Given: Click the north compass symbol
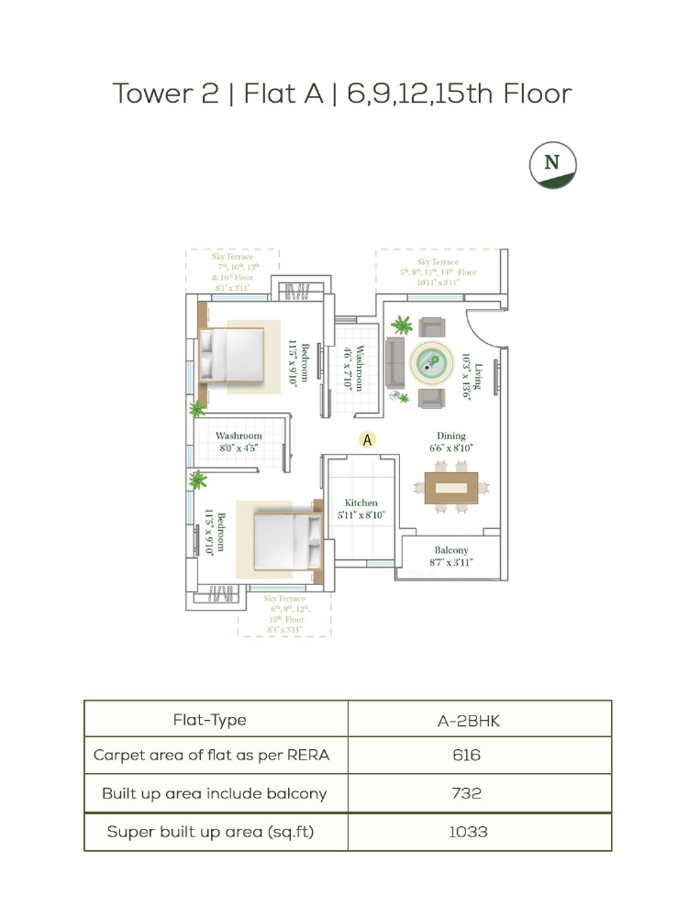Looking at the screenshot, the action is [x=553, y=165].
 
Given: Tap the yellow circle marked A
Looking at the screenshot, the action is [x=368, y=440].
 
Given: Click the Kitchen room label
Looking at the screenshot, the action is [x=361, y=503].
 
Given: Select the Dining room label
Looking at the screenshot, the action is [x=451, y=436].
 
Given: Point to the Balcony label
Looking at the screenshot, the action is [x=451, y=550].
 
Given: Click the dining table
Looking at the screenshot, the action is [x=451, y=488].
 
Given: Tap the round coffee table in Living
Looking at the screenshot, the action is [x=432, y=363].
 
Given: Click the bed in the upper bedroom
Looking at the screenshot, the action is [x=232, y=356].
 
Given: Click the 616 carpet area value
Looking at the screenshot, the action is [x=467, y=755].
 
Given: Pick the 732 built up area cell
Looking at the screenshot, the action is [x=467, y=793].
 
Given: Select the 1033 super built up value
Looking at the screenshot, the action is [x=468, y=832].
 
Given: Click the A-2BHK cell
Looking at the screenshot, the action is [x=469, y=721].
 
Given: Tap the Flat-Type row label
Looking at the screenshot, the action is [x=209, y=720].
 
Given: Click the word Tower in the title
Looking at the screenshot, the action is [x=153, y=94].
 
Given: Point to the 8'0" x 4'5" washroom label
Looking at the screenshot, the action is [x=239, y=448].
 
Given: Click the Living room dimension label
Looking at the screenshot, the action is [x=466, y=375].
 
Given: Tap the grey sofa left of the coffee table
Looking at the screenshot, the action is [x=394, y=363].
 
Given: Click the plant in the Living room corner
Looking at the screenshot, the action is [x=402, y=325].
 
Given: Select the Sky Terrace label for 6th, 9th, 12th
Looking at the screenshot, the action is [x=285, y=614].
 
